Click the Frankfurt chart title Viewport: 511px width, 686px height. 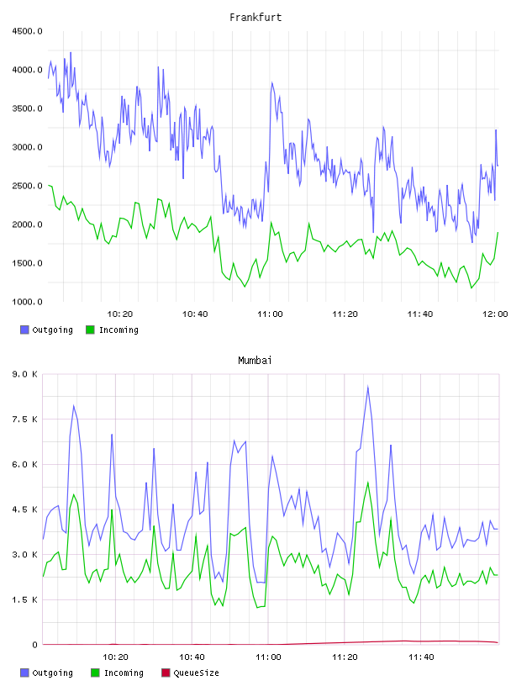[255, 17]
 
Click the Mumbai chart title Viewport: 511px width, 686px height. [255, 360]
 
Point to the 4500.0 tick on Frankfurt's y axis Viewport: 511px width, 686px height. [27, 31]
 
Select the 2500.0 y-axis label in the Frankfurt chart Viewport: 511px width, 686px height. [27, 186]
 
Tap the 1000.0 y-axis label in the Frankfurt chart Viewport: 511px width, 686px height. [27, 302]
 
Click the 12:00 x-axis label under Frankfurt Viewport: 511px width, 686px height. [495, 314]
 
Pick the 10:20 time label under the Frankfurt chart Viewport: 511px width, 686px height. [120, 314]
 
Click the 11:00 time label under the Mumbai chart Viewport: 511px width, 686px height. [268, 657]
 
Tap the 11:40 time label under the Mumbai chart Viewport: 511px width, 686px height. [421, 657]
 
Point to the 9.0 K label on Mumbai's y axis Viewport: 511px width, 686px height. [25, 374]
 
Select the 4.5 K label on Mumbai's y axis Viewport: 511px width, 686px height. [25, 509]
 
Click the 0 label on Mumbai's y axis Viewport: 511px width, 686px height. [35, 645]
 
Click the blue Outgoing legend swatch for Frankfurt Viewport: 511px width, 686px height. [24, 330]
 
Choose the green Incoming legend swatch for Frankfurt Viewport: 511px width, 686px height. [90, 330]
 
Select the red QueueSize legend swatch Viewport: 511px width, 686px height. [166, 673]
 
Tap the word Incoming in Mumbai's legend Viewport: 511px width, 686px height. [124, 673]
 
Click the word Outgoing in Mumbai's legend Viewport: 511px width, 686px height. [52, 673]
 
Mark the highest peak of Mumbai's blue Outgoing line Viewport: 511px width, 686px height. [368, 386]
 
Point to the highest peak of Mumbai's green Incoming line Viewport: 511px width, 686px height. [368, 482]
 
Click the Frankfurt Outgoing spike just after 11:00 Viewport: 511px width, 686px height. [271, 82]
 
